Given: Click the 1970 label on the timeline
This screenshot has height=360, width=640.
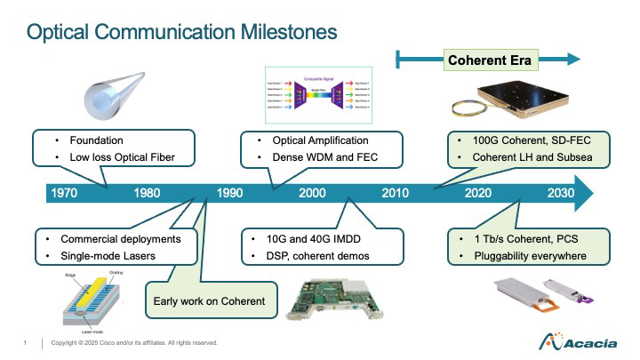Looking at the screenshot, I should click(x=68, y=193).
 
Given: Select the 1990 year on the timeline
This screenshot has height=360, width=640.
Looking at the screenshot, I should click(x=229, y=193).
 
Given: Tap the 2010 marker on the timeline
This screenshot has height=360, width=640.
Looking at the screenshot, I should click(x=395, y=193).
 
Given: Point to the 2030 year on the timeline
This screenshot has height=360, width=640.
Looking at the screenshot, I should click(x=560, y=193).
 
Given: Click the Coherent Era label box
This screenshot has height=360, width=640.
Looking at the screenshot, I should click(x=489, y=60).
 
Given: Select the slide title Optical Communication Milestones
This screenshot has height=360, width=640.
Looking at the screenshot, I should click(x=182, y=33).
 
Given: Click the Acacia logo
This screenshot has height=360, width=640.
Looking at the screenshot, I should click(x=574, y=342).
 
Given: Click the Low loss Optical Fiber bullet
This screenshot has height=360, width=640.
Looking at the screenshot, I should click(x=118, y=158).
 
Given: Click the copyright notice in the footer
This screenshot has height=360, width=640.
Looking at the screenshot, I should click(x=134, y=343).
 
